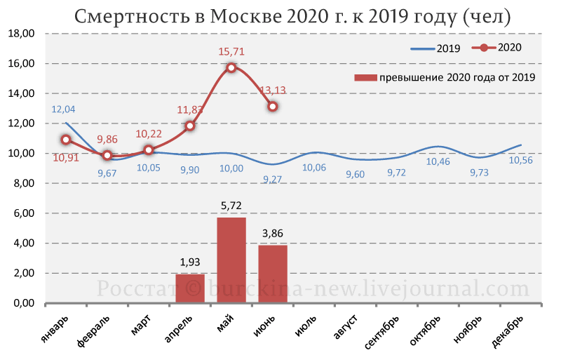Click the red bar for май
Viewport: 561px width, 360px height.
(231, 260)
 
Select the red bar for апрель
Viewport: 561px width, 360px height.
(190, 288)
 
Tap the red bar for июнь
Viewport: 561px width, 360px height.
(273, 274)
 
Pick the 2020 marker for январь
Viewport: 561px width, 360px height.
(66, 140)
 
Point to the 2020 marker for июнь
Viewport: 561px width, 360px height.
(273, 107)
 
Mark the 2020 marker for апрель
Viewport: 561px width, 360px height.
(190, 126)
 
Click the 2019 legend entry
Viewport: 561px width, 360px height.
(435, 48)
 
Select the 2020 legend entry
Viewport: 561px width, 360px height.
(496, 47)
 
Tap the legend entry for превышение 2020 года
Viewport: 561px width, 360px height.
(445, 77)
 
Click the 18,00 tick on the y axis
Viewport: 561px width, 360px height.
(22, 34)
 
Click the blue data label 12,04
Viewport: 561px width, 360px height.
(63, 109)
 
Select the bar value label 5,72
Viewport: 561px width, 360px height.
(231, 206)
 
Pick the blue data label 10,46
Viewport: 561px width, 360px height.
(438, 161)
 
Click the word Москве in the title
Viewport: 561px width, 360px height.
(245, 16)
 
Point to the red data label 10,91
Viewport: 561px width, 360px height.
(66, 157)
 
